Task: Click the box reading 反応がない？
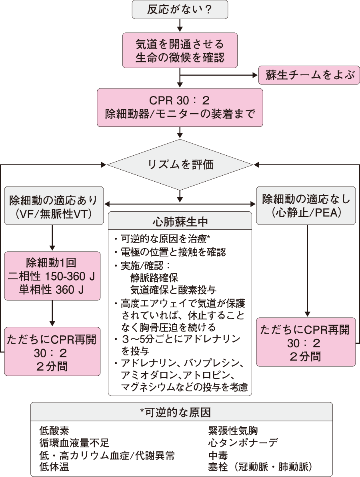pos(180,9)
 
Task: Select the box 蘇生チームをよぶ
pos(307,75)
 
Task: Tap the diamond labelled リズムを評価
pos(180,164)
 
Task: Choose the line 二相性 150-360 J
pos(52,277)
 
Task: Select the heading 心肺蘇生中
pos(180,221)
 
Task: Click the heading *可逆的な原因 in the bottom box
pos(181,412)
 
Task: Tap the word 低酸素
pos(54,431)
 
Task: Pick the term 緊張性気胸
pos(233,431)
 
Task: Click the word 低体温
pos(54,467)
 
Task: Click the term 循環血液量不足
pos(74,443)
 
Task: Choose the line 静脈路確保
pos(154,277)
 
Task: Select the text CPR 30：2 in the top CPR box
pos(180,99)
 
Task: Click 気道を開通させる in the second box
pos(180,43)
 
